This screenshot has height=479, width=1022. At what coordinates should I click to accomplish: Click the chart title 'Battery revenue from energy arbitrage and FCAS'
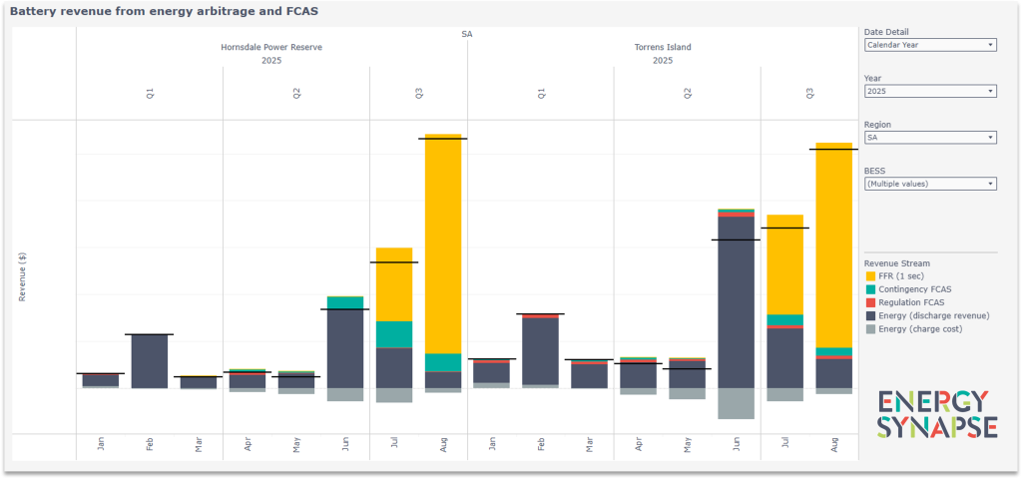(x=165, y=11)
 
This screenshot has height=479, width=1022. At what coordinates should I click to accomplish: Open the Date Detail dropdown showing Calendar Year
(x=929, y=45)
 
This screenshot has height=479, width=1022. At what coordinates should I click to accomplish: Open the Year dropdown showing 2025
(x=929, y=91)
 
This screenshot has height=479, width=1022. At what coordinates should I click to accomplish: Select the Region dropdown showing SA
(x=929, y=137)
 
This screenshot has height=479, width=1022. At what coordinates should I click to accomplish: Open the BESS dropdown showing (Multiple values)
(x=929, y=184)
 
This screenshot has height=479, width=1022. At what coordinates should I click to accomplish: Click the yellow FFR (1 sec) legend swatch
(x=870, y=276)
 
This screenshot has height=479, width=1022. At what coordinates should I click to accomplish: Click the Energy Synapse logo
(x=937, y=414)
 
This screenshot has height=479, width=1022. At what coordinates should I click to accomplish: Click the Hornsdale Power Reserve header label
(x=271, y=47)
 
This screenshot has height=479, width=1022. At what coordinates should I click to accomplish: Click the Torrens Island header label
(x=663, y=47)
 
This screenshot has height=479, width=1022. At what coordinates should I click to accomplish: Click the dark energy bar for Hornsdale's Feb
(x=150, y=361)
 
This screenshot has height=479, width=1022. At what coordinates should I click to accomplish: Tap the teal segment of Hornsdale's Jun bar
(x=345, y=302)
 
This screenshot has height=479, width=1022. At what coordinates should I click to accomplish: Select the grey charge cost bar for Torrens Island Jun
(x=736, y=403)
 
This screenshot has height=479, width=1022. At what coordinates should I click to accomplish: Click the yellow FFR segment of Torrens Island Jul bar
(x=785, y=264)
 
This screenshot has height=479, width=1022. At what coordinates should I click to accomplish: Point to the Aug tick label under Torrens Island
(x=835, y=445)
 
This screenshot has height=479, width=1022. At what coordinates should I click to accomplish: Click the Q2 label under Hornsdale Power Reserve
(x=296, y=94)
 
